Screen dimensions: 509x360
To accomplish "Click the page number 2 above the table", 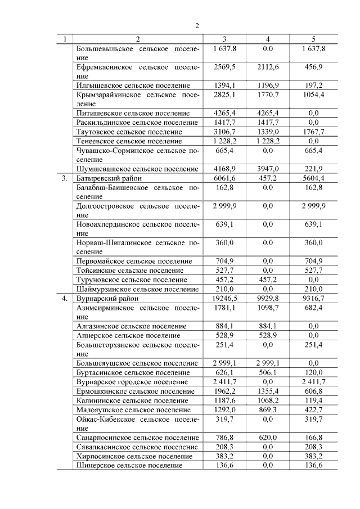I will pyautogui.click(x=197, y=25).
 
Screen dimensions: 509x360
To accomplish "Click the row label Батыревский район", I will pyautogui.click(x=109, y=178).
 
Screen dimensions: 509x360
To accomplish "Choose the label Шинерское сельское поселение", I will pyautogui.click(x=129, y=465).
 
